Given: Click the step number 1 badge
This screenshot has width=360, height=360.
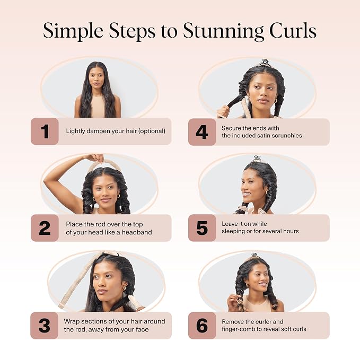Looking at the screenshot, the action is [45, 131].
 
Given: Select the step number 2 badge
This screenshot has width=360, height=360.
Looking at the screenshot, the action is [45, 228].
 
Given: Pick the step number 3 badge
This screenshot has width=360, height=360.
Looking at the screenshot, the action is [45, 326].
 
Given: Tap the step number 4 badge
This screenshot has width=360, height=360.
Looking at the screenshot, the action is [202, 132].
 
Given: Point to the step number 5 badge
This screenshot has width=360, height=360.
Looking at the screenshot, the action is [202, 228].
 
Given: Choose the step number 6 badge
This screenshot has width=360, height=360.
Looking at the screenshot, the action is [202, 326].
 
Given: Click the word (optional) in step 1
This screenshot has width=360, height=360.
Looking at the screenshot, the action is [152, 131].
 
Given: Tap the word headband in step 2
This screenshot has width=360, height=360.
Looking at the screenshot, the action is [137, 232].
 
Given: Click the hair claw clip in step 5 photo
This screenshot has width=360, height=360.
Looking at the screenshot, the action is [256, 159].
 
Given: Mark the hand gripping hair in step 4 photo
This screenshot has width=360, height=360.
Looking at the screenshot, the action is [223, 112].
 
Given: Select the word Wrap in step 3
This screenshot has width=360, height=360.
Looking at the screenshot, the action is [72, 321].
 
